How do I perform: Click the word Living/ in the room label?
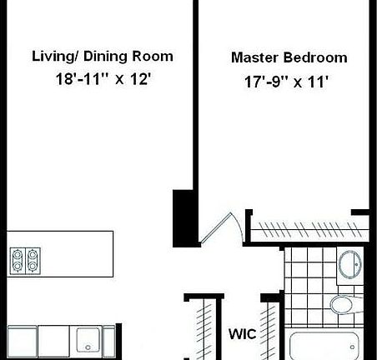[x=54, y=57]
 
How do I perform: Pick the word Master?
[x=254, y=59]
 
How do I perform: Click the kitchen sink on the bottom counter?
[x=87, y=338]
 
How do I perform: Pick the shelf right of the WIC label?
[x=269, y=329]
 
